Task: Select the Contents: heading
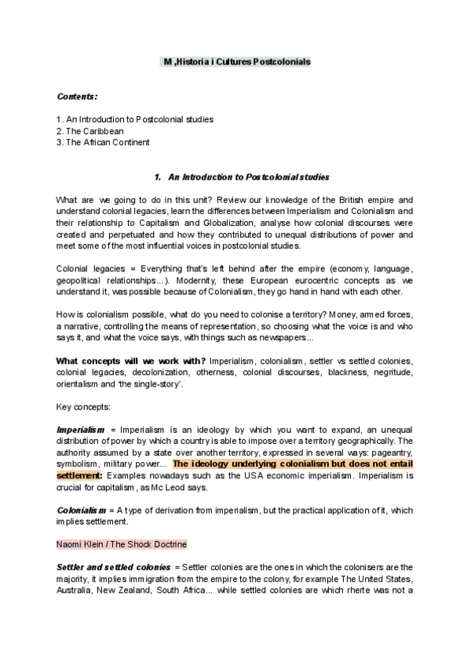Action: point(77,96)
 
